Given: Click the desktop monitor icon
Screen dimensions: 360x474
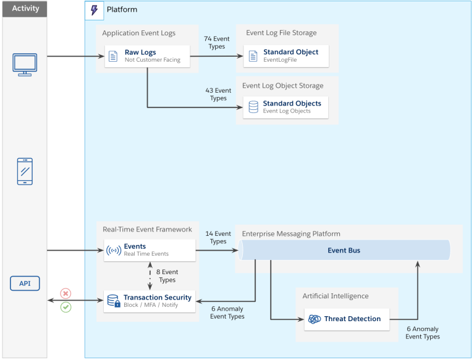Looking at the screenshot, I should tap(24, 64).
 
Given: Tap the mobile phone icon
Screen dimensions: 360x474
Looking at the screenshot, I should tap(25, 171).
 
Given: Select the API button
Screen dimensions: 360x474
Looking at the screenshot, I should tap(25, 283).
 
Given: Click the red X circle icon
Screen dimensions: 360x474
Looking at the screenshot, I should tap(66, 293).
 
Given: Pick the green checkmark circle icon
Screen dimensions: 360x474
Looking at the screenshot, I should tap(66, 307).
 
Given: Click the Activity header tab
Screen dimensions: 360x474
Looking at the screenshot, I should tap(25, 9).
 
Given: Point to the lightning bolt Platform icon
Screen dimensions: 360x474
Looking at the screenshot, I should tap(94, 10).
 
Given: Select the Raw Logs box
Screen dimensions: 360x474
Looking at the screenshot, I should tap(147, 56).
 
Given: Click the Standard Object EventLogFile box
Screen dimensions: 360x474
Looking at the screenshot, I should tap(286, 56).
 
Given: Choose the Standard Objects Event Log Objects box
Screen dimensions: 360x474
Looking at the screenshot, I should tap(286, 107).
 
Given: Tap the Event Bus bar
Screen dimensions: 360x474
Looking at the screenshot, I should tap(344, 250).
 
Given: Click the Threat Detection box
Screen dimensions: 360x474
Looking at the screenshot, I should tap(347, 319).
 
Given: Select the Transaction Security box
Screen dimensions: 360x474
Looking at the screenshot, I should tap(150, 301).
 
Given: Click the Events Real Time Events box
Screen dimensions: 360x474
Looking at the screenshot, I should tap(150, 250).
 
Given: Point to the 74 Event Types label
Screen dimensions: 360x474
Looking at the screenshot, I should tap(217, 43).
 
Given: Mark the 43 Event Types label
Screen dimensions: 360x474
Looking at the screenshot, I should tap(218, 94).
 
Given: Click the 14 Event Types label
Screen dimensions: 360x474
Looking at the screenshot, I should tap(218, 238).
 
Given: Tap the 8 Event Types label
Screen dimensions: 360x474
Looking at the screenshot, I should tap(167, 275).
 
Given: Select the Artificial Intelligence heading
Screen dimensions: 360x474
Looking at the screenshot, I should tap(335, 296).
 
